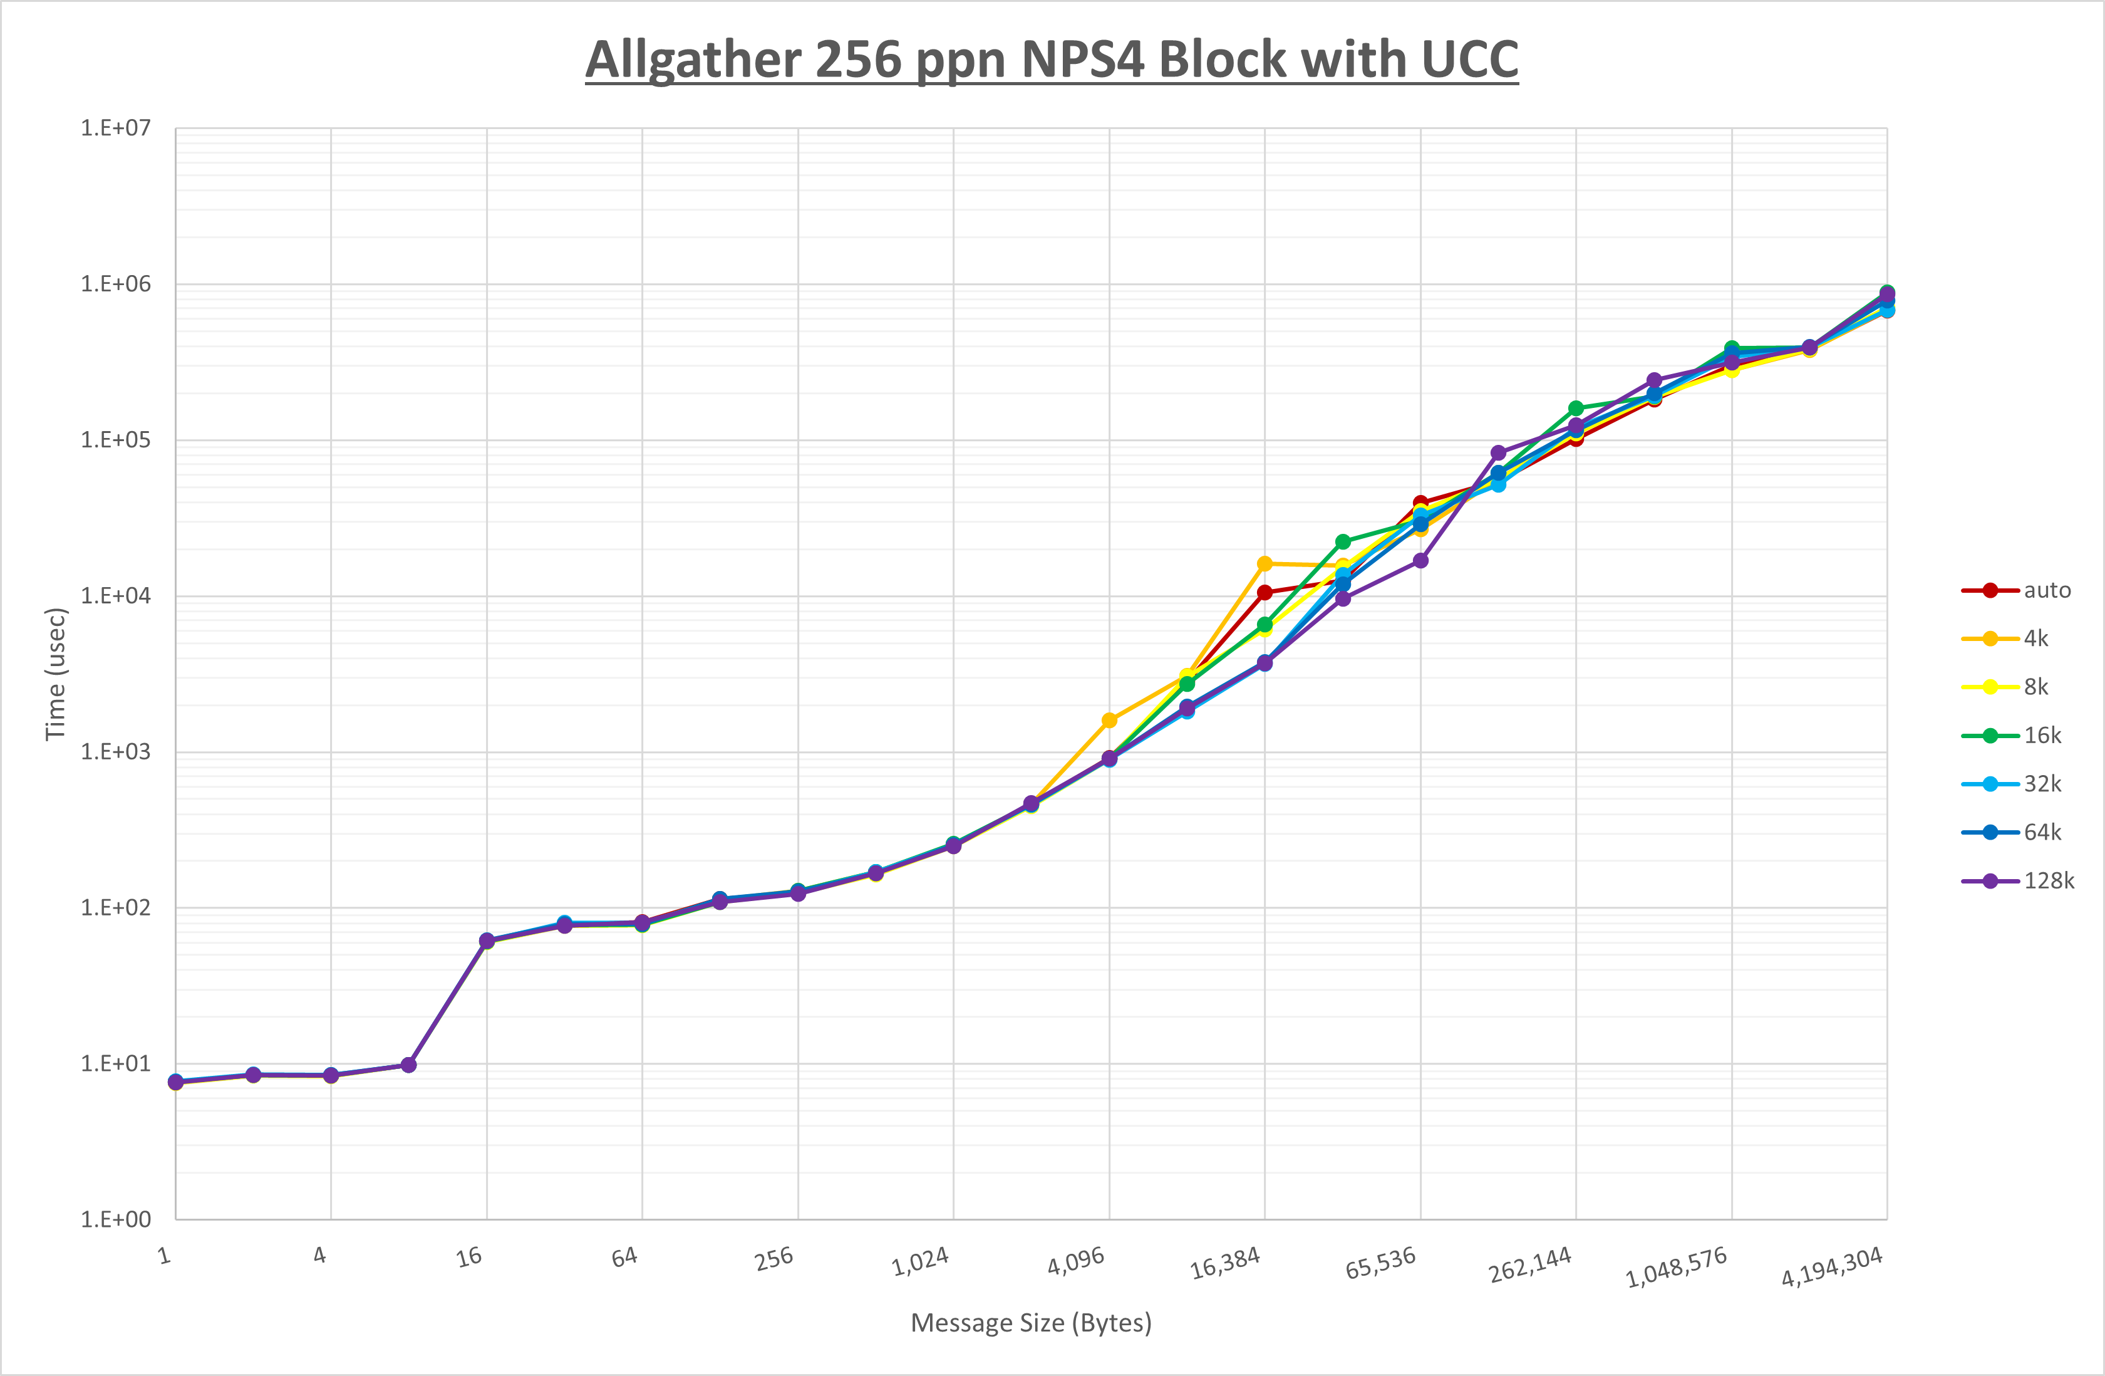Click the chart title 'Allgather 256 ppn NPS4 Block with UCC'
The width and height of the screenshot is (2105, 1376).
1052,60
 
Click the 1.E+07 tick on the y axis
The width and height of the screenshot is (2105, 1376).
116,128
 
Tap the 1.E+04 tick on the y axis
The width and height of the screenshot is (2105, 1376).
116,595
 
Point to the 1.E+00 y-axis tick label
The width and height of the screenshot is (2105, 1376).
116,1219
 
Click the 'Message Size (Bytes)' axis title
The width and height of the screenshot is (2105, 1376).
1032,1323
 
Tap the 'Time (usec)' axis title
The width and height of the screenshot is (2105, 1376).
56,674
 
